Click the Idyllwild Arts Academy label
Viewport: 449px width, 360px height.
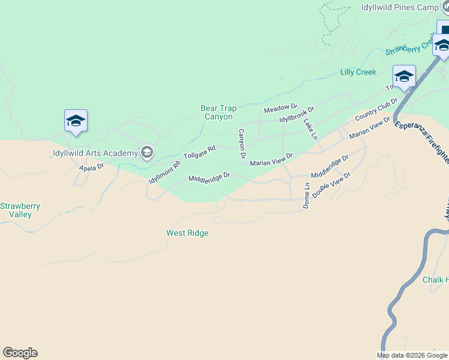(94, 153)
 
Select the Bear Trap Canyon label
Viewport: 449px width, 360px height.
(218, 112)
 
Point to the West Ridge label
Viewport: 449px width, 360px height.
(187, 233)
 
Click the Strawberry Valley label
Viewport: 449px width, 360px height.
(20, 210)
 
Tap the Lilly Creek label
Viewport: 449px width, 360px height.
(358, 72)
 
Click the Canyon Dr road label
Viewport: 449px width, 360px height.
(242, 144)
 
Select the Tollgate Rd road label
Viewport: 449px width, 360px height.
(199, 152)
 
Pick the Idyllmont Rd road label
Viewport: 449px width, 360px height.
(164, 173)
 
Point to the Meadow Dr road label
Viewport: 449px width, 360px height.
(281, 108)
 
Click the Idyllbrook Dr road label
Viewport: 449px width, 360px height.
(297, 115)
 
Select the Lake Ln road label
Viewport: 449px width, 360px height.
(310, 129)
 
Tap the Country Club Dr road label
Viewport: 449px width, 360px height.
(376, 109)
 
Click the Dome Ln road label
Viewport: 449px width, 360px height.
(307, 196)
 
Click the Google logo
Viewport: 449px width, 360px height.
(20, 353)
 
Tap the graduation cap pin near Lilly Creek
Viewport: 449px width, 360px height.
(404, 77)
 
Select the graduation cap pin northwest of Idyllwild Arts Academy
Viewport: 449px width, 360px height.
(76, 121)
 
